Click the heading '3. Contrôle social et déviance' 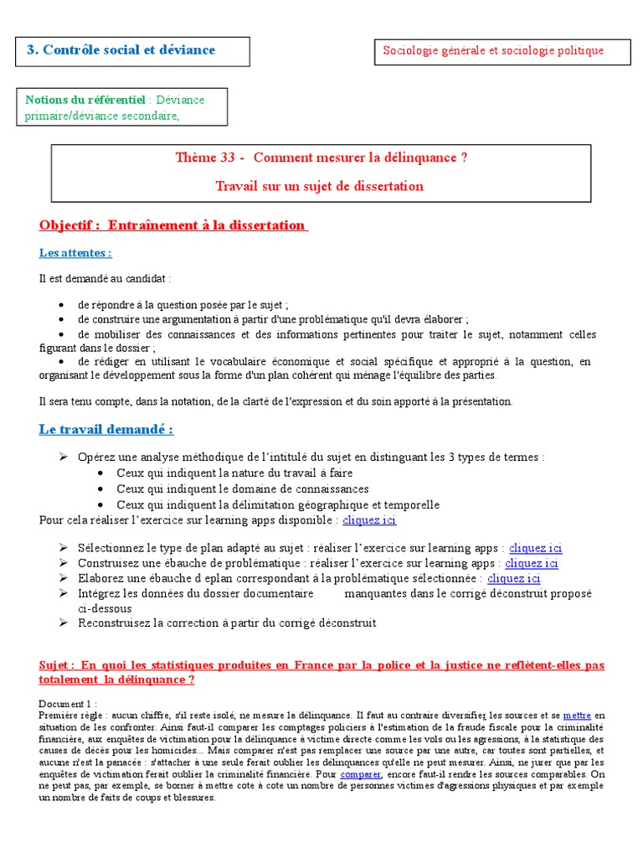click(x=121, y=50)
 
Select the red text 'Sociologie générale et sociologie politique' click(x=493, y=51)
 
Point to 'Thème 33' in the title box click(x=204, y=158)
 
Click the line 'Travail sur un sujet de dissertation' click(x=319, y=186)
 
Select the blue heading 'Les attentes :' click(x=75, y=253)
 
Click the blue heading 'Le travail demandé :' click(x=106, y=430)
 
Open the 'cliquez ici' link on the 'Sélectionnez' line click(x=536, y=548)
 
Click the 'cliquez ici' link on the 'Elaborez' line click(x=514, y=578)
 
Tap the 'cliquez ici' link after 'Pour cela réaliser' click(x=369, y=520)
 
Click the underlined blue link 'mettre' click(x=577, y=716)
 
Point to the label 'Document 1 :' click(x=68, y=703)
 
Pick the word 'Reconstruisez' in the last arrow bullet click(x=115, y=623)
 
